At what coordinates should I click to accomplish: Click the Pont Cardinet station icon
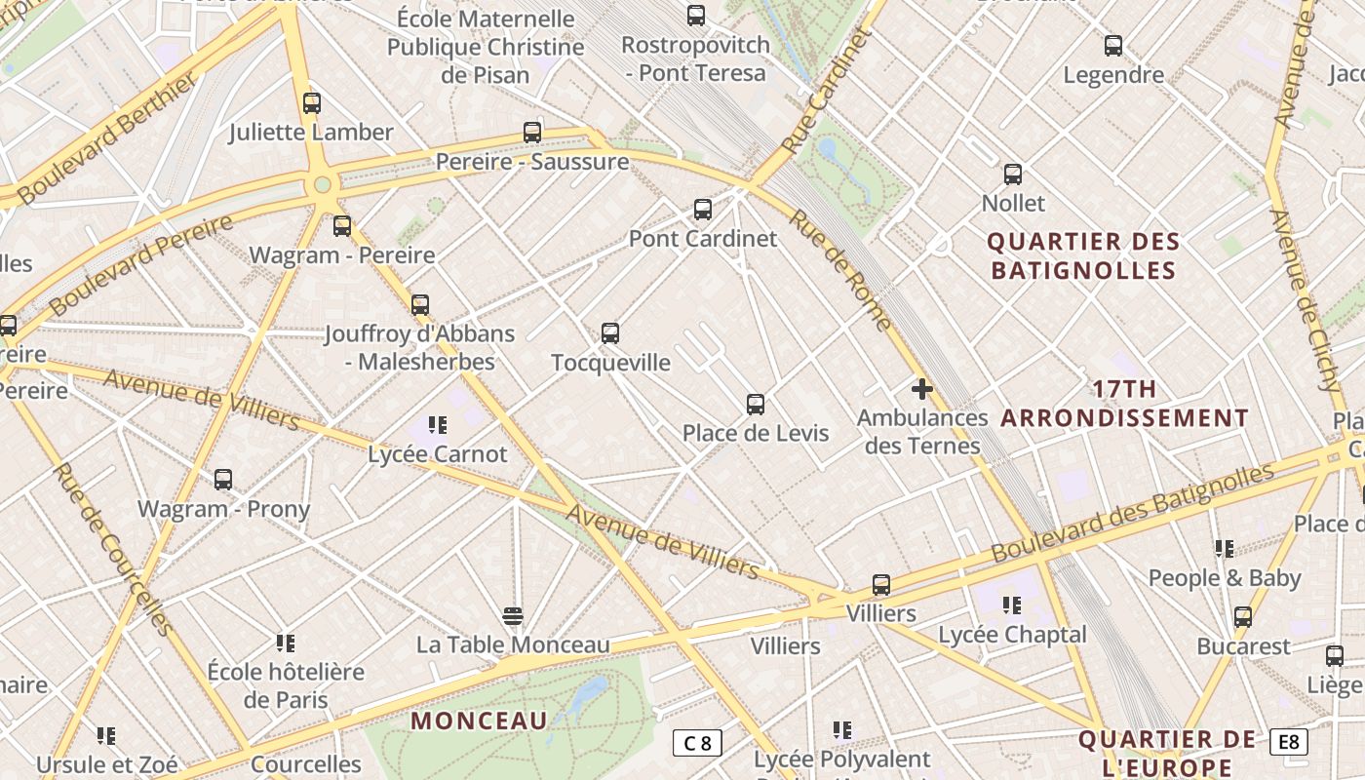click(x=702, y=209)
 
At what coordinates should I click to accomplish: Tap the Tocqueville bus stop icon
click(x=610, y=333)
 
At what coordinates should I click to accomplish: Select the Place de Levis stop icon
click(x=755, y=405)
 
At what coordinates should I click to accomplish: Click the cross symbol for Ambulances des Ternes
click(x=921, y=390)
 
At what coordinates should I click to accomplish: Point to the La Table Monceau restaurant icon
click(x=513, y=616)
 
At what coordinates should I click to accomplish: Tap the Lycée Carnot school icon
click(x=437, y=425)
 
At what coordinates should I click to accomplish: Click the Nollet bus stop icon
click(x=1013, y=175)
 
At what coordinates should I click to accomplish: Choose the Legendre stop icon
click(x=1112, y=45)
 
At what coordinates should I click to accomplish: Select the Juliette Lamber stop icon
click(x=311, y=103)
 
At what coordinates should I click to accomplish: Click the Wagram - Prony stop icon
click(x=223, y=480)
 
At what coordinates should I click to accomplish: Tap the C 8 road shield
click(x=697, y=743)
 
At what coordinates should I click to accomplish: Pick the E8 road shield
click(x=1289, y=742)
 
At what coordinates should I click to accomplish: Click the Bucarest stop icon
click(x=1242, y=617)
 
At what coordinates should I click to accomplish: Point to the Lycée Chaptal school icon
click(x=1012, y=605)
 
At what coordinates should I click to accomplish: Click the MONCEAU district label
click(x=479, y=721)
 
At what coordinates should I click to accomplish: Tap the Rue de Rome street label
click(x=839, y=270)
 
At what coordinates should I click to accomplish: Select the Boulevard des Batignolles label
click(x=1132, y=513)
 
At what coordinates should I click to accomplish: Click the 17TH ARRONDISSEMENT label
click(x=1124, y=404)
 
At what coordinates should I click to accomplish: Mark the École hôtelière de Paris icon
click(x=285, y=643)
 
